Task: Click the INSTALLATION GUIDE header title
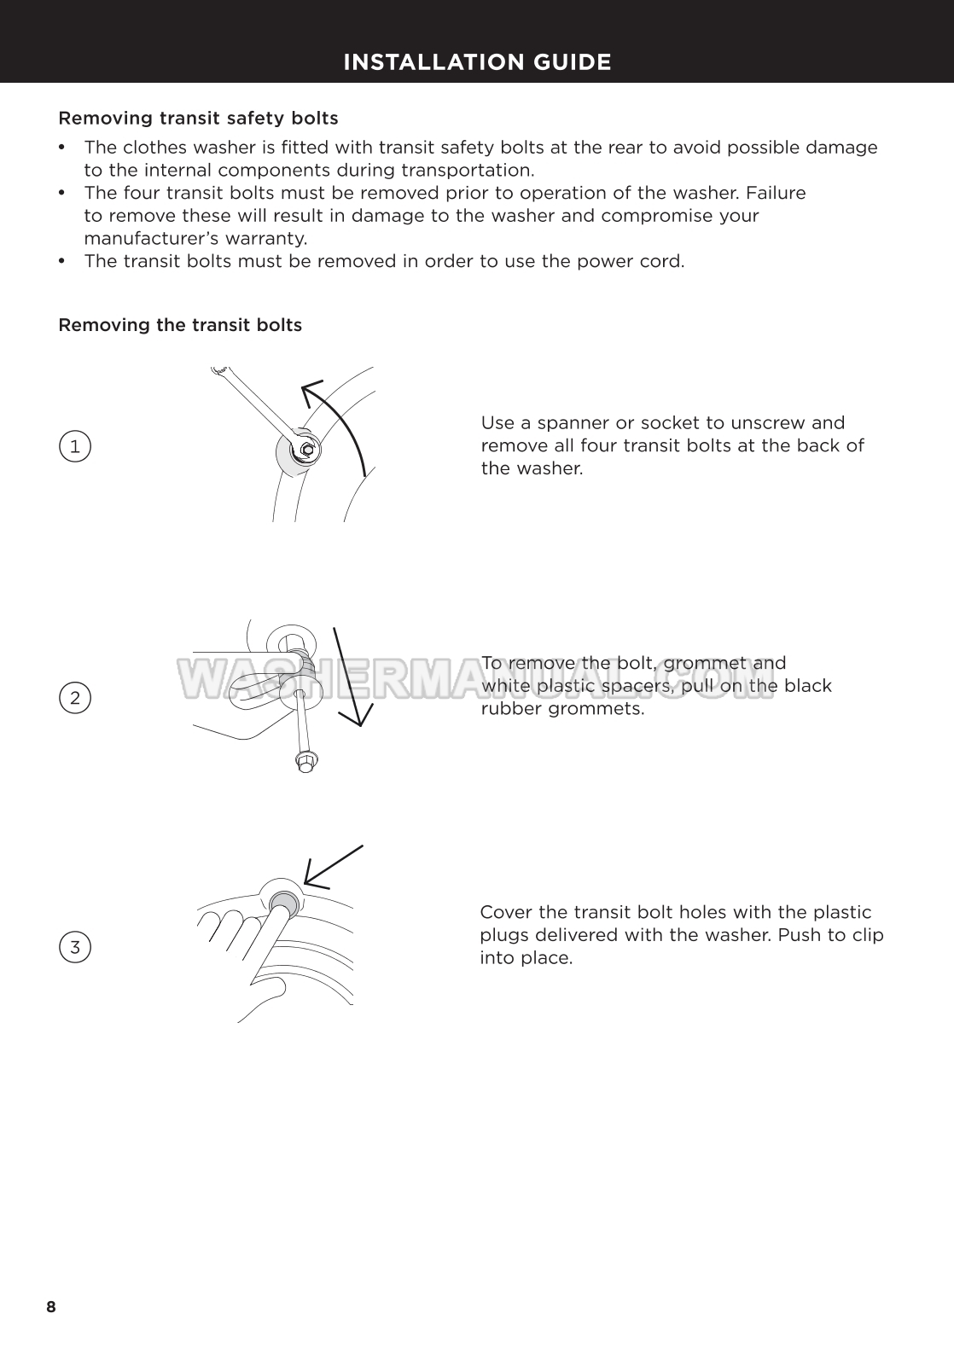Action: tap(477, 62)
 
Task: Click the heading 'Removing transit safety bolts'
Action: tap(198, 118)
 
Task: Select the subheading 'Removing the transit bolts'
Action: tap(180, 325)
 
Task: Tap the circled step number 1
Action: tap(75, 446)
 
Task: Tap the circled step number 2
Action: tap(75, 698)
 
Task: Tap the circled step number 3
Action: tap(75, 947)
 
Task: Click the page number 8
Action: tap(51, 1307)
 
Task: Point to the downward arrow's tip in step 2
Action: tap(361, 721)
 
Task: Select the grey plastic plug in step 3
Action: tap(283, 901)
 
